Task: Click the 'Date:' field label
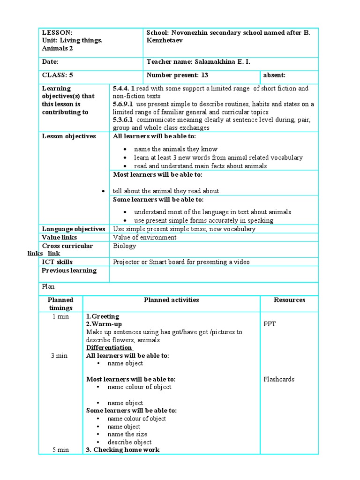50,62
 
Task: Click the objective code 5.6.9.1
123,104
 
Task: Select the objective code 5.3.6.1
123,120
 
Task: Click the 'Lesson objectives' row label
69,136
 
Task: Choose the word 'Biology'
125,246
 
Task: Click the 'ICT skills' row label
57,262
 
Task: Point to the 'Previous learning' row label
69,270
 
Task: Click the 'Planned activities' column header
171,300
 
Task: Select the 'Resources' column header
289,300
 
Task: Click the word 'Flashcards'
279,379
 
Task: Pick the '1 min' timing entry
60,316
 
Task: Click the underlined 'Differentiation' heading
109,348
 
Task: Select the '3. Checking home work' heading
123,450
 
